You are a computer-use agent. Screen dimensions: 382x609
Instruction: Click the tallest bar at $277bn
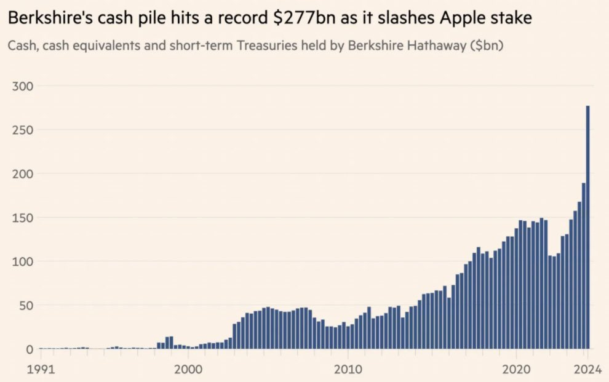point(587,228)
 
